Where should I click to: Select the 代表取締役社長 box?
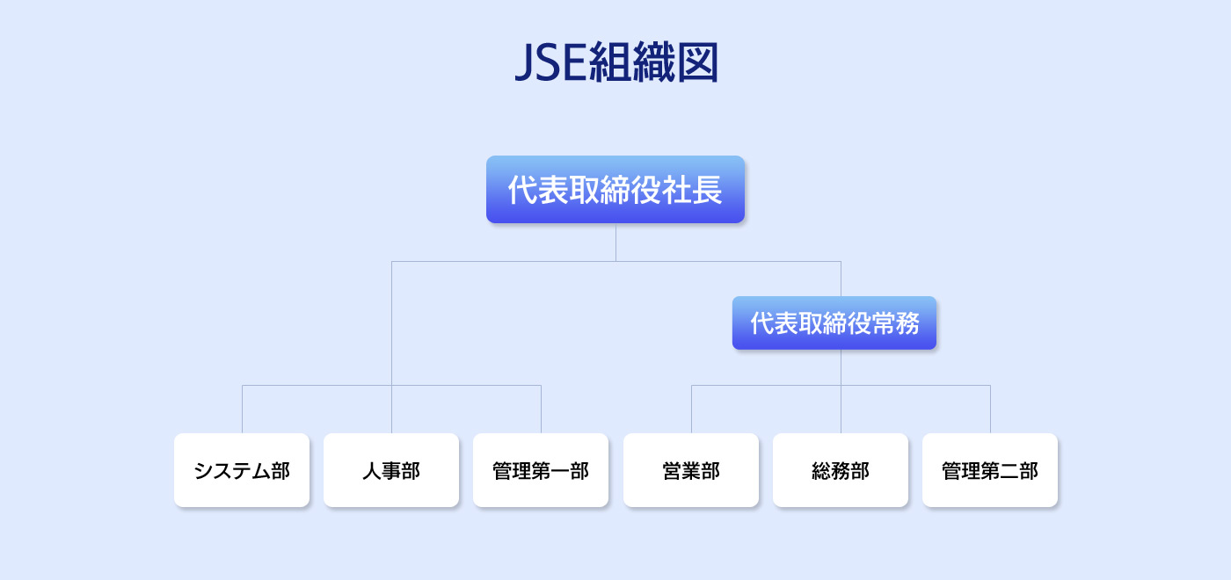point(615,190)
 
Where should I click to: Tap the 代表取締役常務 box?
point(834,323)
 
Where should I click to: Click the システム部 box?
point(242,470)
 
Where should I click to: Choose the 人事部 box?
point(391,470)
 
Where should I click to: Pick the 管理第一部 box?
point(541,470)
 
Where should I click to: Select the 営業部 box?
point(691,470)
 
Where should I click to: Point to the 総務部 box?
point(841,470)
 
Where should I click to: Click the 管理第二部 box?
point(990,470)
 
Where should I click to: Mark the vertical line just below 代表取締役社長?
point(615,242)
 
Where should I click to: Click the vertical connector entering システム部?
point(242,409)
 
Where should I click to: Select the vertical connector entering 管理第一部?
point(541,409)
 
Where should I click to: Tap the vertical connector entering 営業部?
point(691,409)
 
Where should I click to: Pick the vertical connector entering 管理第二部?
point(990,409)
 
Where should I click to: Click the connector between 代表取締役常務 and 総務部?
point(841,391)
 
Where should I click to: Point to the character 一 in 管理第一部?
point(560,471)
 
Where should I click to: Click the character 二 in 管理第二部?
point(1009,471)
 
